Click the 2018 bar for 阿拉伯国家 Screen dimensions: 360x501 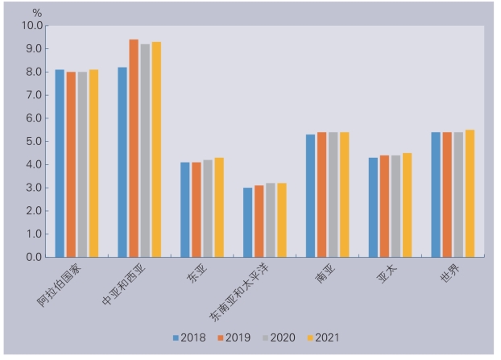60,163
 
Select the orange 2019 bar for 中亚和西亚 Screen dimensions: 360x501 134,148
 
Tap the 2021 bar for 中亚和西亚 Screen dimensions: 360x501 156,150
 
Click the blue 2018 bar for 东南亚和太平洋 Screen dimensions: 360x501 248,222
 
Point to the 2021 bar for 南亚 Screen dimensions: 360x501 345,195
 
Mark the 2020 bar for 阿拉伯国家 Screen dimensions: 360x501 82,164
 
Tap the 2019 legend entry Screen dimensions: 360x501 234,337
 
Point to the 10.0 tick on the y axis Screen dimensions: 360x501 31,26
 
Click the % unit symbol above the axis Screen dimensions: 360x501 37,12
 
